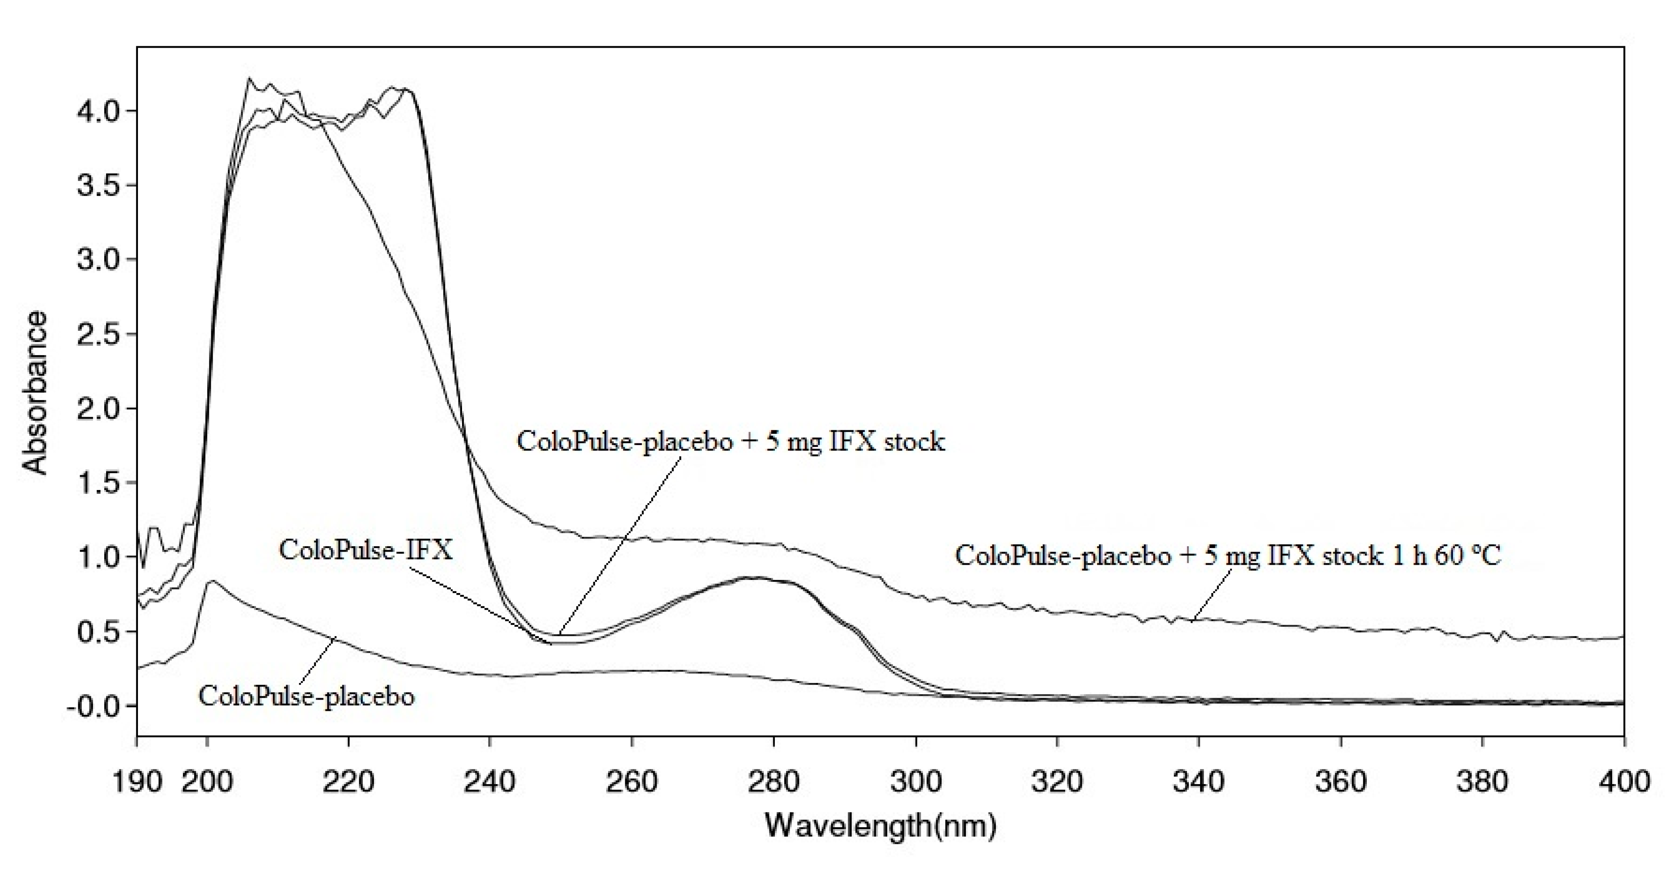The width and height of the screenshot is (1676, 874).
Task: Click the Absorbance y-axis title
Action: tap(36, 392)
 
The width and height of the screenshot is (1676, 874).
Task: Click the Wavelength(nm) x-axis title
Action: tap(880, 825)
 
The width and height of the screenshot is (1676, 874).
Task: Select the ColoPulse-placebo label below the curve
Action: tap(306, 697)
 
